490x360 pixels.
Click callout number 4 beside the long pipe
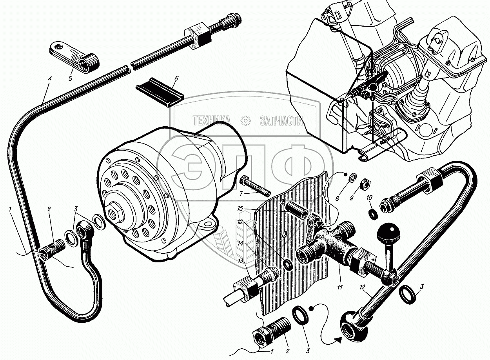[x=49, y=78]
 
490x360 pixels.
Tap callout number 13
[x=240, y=261]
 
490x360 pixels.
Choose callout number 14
[x=240, y=244]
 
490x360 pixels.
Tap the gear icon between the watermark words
[x=245, y=121]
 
